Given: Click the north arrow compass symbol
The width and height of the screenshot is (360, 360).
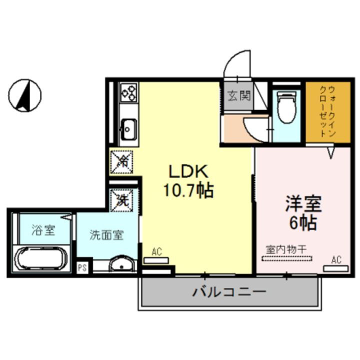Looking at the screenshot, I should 25,94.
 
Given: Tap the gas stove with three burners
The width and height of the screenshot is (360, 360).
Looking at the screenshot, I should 128,93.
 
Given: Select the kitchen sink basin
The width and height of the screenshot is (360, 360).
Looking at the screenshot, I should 128,130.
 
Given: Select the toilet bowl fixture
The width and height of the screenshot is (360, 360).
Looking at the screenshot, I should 287,109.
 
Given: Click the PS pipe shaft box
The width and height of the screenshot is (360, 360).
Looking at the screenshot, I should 82,267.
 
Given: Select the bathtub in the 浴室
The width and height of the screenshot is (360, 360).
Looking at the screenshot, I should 41,259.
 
